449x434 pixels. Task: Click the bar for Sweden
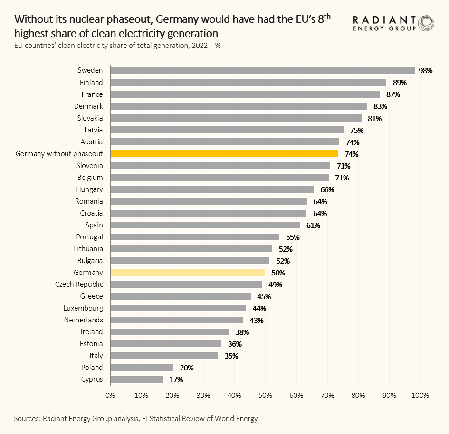point(262,70)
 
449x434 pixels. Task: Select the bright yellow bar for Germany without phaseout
point(224,153)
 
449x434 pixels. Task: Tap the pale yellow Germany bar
point(187,273)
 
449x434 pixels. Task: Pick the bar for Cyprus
point(137,379)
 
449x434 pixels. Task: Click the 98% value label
point(425,71)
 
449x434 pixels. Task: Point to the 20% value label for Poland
point(186,368)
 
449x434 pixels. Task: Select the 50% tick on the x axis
point(266,396)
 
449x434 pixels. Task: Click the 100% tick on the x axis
point(420,396)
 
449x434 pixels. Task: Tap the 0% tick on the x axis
point(110,396)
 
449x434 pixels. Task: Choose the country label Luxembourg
point(83,308)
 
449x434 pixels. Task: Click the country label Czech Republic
point(79,284)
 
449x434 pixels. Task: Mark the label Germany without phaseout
point(59,153)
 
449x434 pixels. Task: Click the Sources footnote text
point(136,418)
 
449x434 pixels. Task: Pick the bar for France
point(245,94)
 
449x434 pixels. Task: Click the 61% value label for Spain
point(313,225)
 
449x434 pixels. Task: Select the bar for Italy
point(164,356)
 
